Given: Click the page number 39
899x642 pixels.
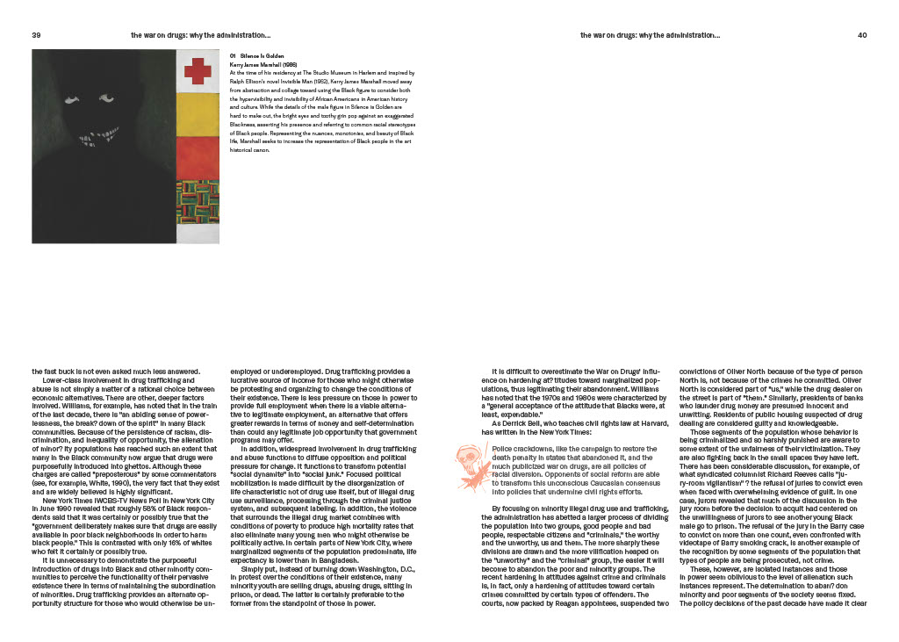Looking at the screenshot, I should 37,35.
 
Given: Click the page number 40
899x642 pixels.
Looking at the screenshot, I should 861,35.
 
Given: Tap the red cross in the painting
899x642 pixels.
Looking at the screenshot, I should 198,69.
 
